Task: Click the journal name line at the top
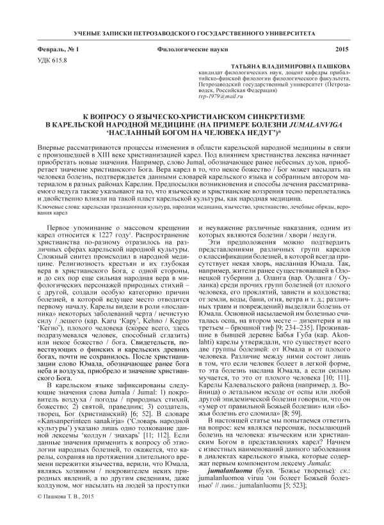tap(192, 31)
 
